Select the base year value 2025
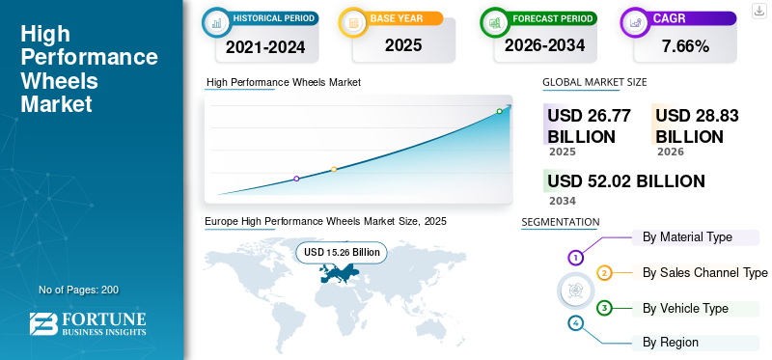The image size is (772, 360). (x=397, y=45)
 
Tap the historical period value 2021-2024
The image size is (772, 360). (x=265, y=45)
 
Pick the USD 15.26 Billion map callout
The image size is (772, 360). (x=342, y=252)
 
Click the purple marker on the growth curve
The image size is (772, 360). (x=296, y=179)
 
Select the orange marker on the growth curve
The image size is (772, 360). (x=334, y=169)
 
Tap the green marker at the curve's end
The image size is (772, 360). (x=499, y=111)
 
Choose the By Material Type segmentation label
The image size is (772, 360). (x=687, y=236)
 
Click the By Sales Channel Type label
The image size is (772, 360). (x=704, y=272)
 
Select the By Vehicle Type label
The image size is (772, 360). (x=685, y=308)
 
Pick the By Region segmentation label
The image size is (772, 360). (x=670, y=342)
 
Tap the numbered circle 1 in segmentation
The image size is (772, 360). (x=575, y=258)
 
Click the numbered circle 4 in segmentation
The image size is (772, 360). (x=576, y=322)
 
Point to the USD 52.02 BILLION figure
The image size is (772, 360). (x=625, y=180)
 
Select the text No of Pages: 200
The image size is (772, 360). (x=78, y=290)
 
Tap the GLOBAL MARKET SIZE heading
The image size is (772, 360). (x=594, y=83)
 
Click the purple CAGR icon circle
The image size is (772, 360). (x=637, y=20)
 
